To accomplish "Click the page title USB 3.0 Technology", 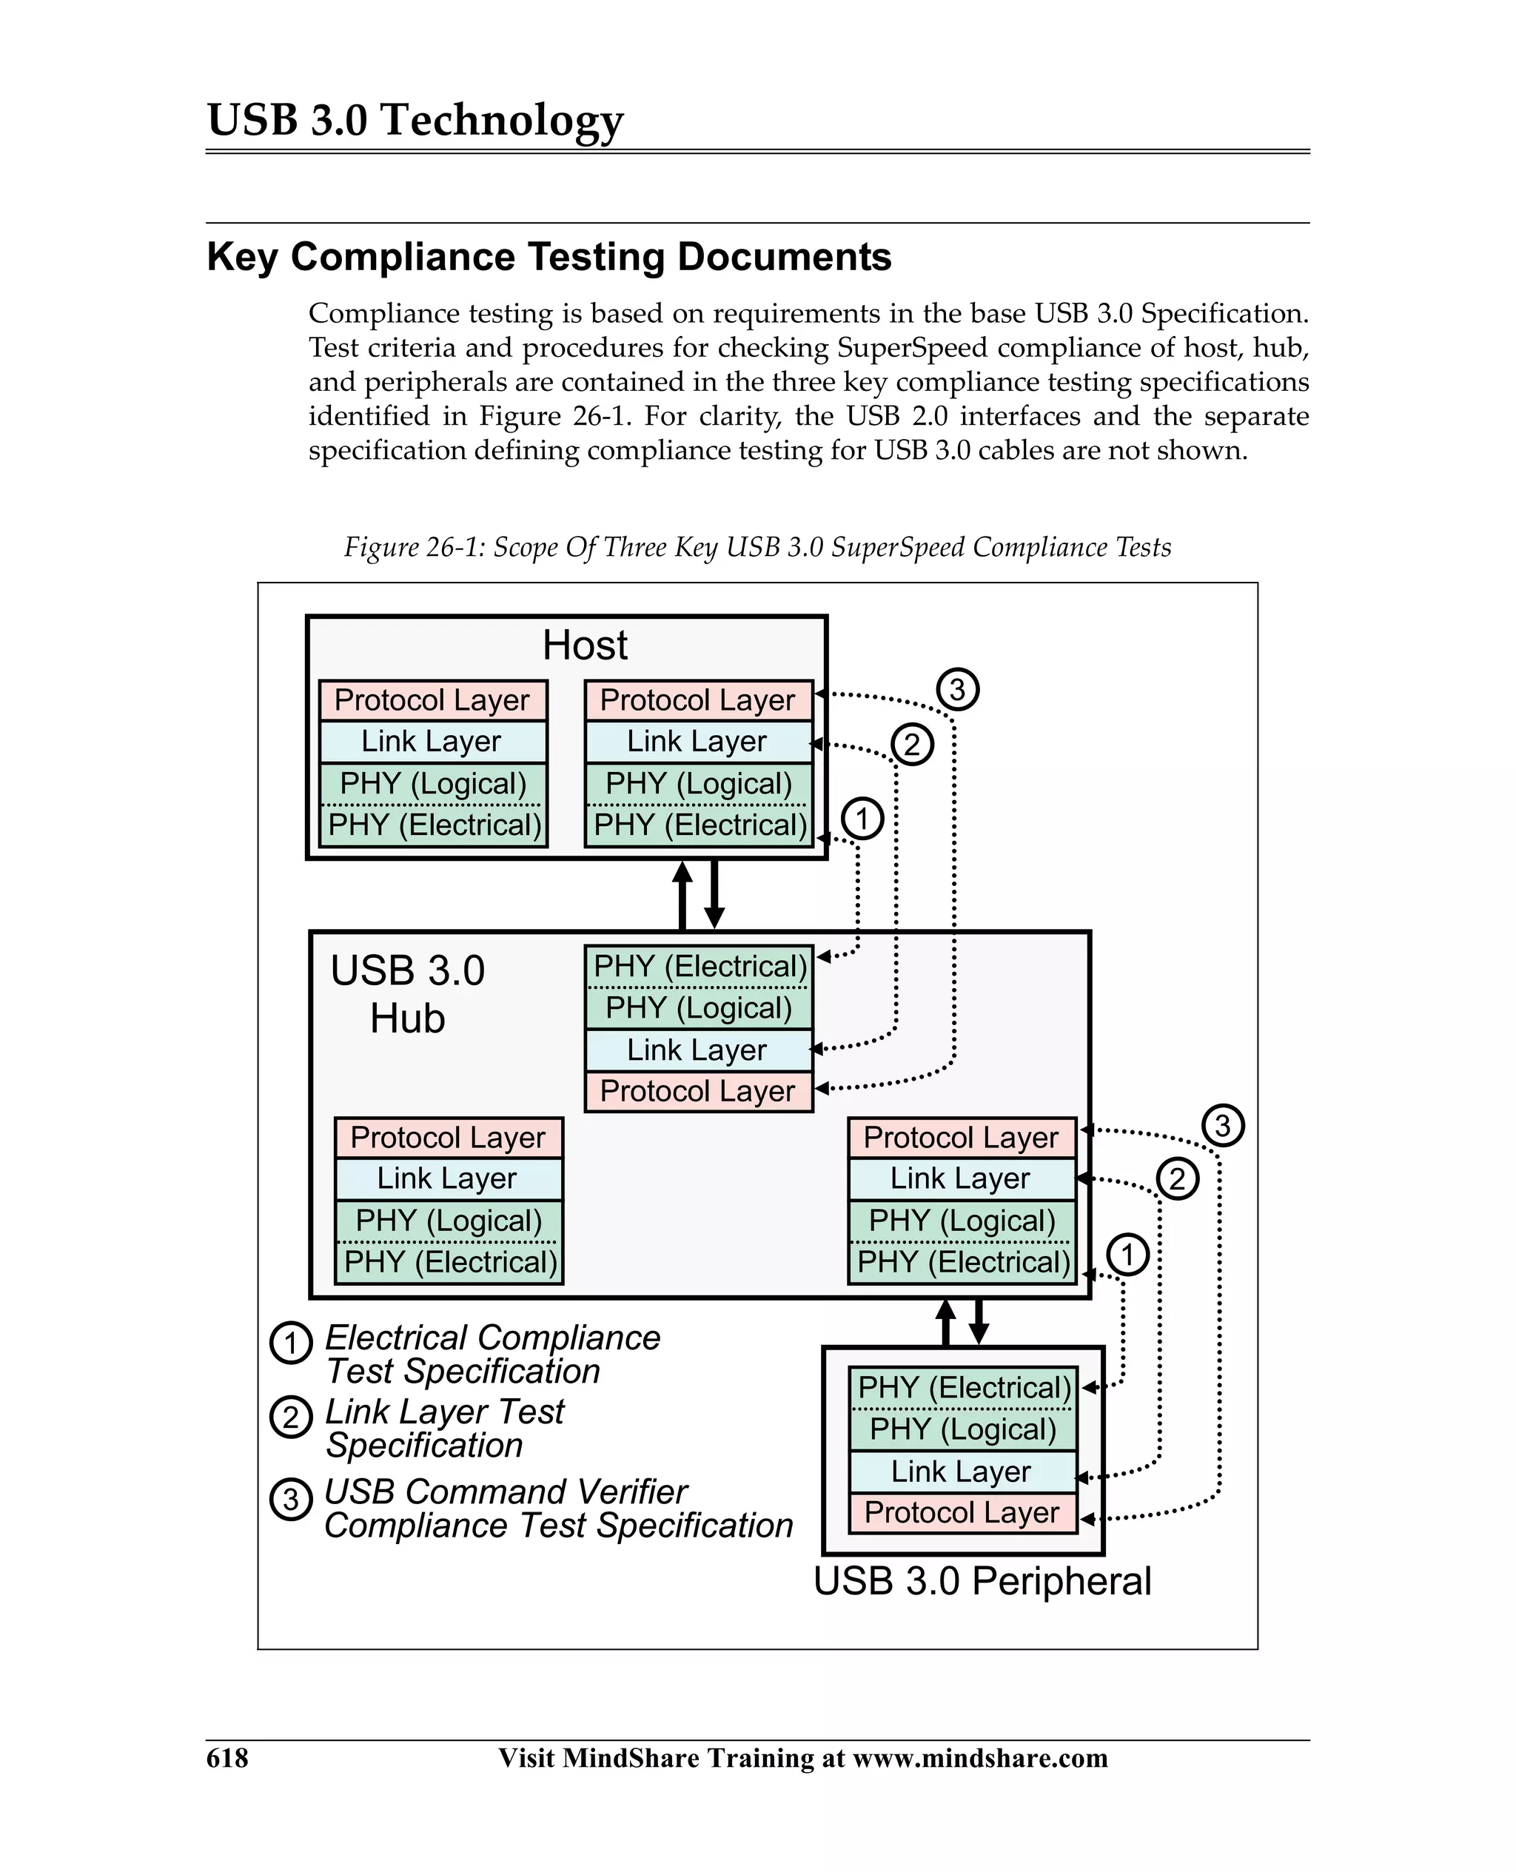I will [415, 120].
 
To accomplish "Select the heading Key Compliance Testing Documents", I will [549, 258].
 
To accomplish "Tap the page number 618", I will [227, 1757].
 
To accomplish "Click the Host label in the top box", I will [584, 646].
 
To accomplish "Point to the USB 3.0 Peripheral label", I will [982, 1580].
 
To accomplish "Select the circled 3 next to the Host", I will [957, 690].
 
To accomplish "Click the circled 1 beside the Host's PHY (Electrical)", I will [862, 819].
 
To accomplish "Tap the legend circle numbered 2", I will [291, 1416].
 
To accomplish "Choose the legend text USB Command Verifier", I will [506, 1492].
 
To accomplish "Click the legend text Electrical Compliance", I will [492, 1338].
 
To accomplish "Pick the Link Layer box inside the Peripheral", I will [961, 1472].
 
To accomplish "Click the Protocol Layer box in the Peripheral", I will [961, 1512].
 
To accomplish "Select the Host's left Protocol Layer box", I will [432, 700].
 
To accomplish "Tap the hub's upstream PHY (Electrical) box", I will [699, 967].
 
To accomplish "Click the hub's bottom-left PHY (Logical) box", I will [448, 1221].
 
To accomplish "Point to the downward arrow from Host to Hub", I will [714, 894].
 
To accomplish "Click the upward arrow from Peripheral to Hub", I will [945, 1323].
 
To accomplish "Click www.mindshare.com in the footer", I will [980, 1757].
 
